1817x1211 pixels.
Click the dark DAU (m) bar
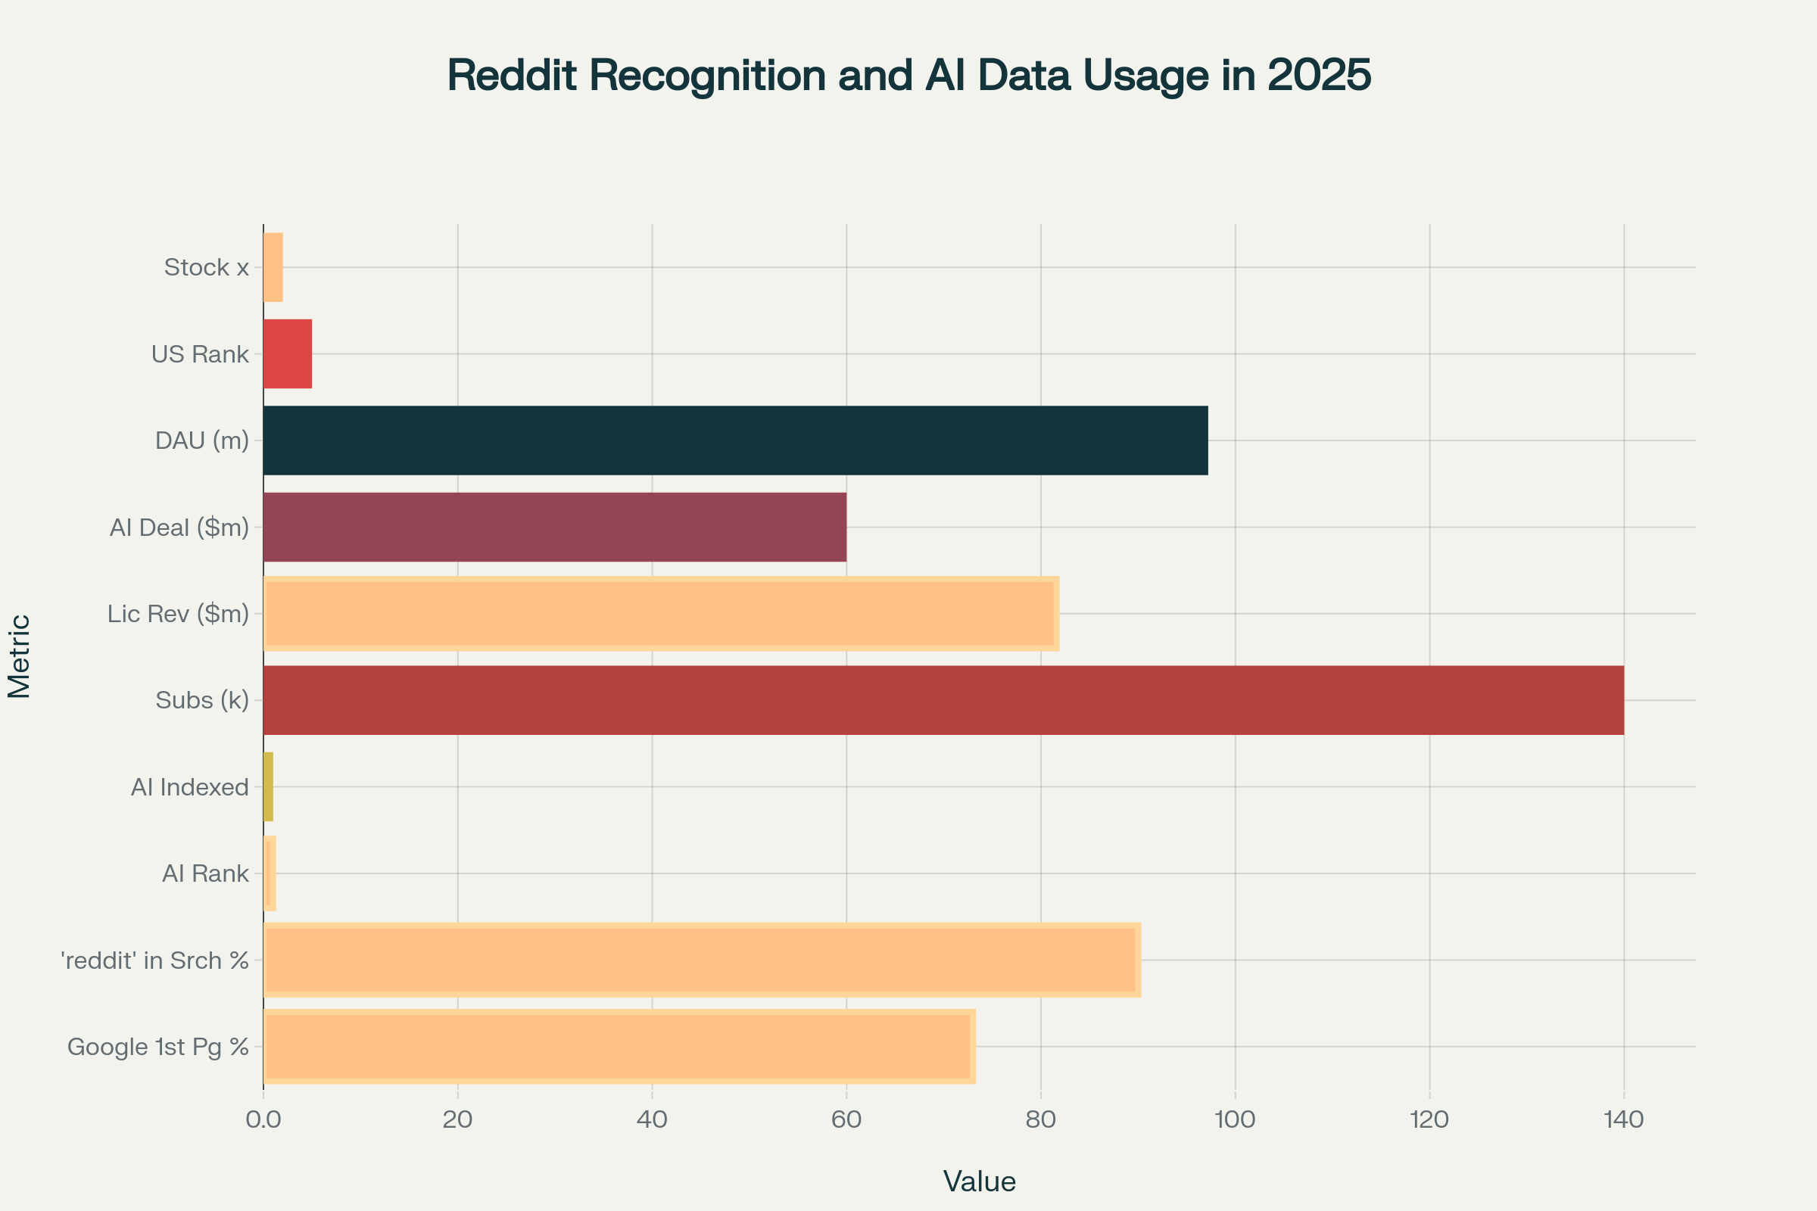[734, 441]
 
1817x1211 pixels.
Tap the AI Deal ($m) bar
[555, 527]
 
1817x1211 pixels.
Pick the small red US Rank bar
[288, 353]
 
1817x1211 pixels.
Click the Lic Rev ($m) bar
[660, 613]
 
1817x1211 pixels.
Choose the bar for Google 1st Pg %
[619, 1047]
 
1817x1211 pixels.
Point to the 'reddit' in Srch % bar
[702, 960]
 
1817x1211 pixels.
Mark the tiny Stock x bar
[273, 267]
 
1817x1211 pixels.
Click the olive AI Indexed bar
[268, 787]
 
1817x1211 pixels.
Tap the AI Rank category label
[204, 873]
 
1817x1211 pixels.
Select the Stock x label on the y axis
[206, 267]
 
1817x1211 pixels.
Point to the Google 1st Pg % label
[157, 1047]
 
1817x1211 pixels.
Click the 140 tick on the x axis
[1623, 1120]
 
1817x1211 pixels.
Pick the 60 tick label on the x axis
[846, 1120]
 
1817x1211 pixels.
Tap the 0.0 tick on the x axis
[263, 1120]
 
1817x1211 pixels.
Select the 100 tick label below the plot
[1235, 1120]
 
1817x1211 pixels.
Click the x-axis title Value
[979, 1181]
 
